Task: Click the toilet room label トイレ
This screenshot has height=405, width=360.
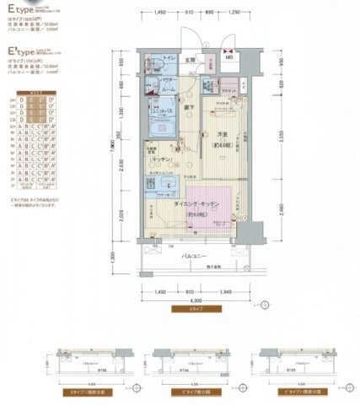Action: point(169,58)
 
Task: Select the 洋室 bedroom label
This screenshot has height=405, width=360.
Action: point(222,138)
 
